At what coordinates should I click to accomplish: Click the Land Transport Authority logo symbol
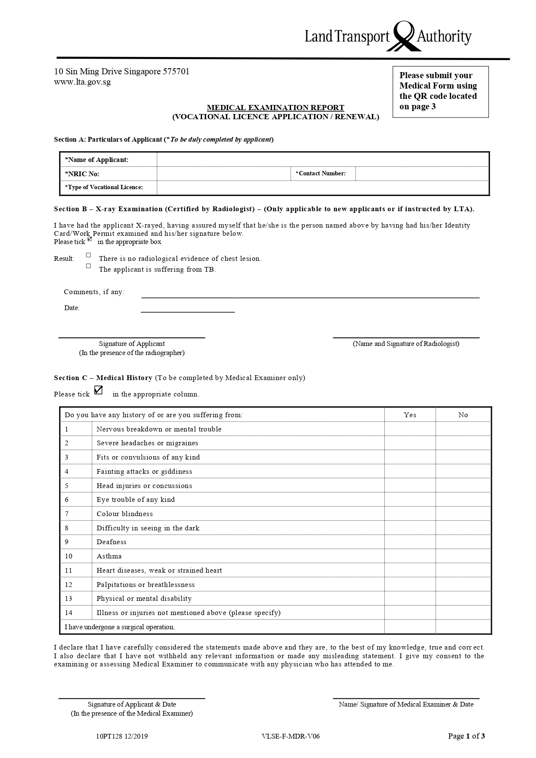pos(403,36)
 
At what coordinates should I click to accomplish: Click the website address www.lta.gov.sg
pos(82,82)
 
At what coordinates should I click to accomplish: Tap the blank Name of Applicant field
pos(323,160)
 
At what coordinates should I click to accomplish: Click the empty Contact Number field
pos(422,174)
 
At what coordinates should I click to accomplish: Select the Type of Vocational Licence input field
pos(323,187)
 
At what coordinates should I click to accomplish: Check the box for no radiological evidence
pos(89,255)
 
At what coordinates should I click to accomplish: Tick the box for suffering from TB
pos(89,266)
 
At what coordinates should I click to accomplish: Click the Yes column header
pos(410,415)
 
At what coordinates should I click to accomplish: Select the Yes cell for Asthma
pos(410,556)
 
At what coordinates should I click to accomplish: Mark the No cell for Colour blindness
pos(463,514)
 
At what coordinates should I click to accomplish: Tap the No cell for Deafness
pos(463,542)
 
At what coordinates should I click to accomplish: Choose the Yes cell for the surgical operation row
pos(410,627)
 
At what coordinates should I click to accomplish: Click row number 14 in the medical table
pos(69,613)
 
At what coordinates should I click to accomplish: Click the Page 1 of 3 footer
pos(466,736)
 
